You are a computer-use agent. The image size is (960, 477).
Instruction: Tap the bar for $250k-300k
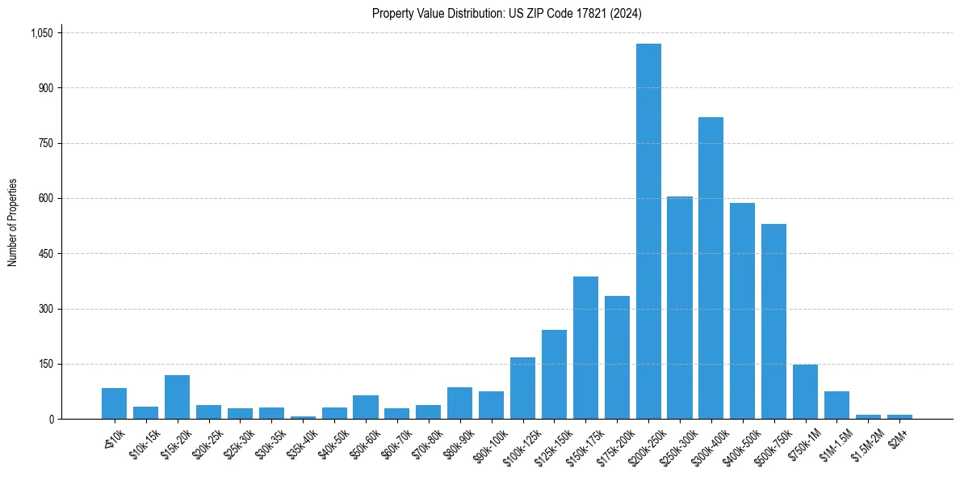[x=680, y=308]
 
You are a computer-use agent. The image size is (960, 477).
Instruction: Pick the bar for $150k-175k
[x=585, y=348]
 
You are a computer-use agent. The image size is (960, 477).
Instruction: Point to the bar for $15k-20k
[x=177, y=397]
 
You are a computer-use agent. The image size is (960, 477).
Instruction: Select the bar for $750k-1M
[x=805, y=392]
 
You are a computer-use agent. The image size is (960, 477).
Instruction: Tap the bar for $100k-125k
[x=522, y=388]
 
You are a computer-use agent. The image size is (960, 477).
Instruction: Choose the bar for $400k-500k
[x=742, y=311]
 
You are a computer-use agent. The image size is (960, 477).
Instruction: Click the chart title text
[x=507, y=13]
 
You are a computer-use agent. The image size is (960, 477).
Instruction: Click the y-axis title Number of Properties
[x=13, y=222]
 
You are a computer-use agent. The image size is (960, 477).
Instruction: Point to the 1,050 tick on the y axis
[x=41, y=32]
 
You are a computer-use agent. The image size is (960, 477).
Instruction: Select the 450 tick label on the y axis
[x=44, y=254]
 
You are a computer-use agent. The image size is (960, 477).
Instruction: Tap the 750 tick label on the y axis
[x=44, y=143]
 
